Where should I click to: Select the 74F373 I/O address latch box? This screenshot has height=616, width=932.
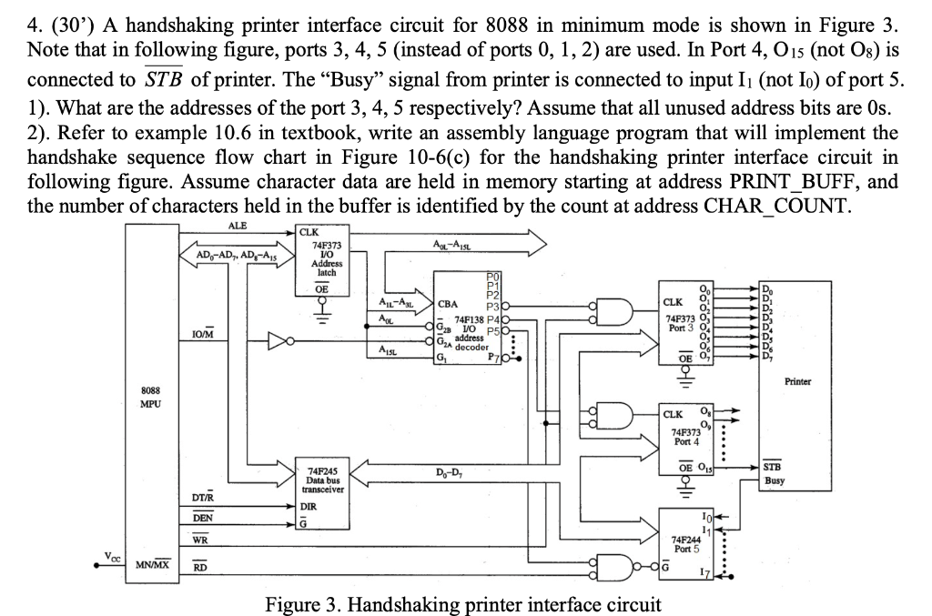tap(326, 260)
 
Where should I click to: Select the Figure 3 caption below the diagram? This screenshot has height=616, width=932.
tap(462, 603)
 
